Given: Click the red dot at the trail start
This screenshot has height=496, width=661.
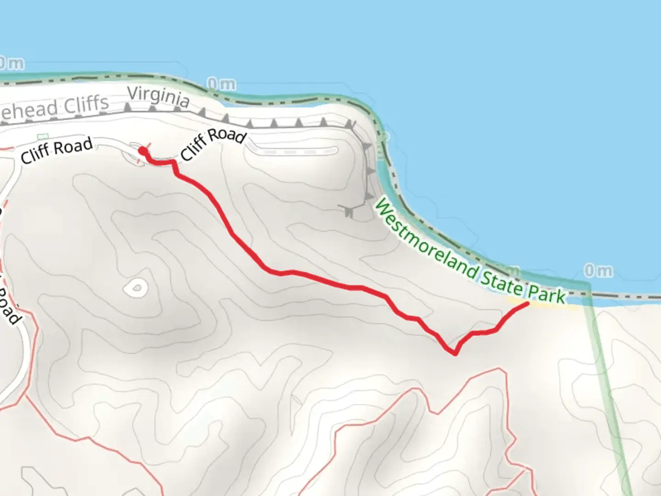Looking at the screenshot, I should point(143,151).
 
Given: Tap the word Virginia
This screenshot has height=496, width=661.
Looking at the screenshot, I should point(158,97).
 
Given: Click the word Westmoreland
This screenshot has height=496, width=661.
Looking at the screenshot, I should point(425,241).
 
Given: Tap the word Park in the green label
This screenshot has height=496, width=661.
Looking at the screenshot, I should point(546,294).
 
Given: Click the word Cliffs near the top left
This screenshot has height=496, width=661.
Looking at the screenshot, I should point(86,105).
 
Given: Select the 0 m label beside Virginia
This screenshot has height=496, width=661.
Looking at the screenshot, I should point(221,84).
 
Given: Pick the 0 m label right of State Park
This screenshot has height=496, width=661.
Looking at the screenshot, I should point(598,271).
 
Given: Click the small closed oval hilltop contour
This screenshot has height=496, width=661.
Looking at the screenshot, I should point(136,288).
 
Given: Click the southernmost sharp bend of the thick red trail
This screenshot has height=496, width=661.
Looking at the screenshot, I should point(454,353).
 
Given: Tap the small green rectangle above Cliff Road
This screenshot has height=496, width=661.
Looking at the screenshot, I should point(42,136).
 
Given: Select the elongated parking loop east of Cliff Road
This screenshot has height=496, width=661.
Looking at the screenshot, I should point(294,151).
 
